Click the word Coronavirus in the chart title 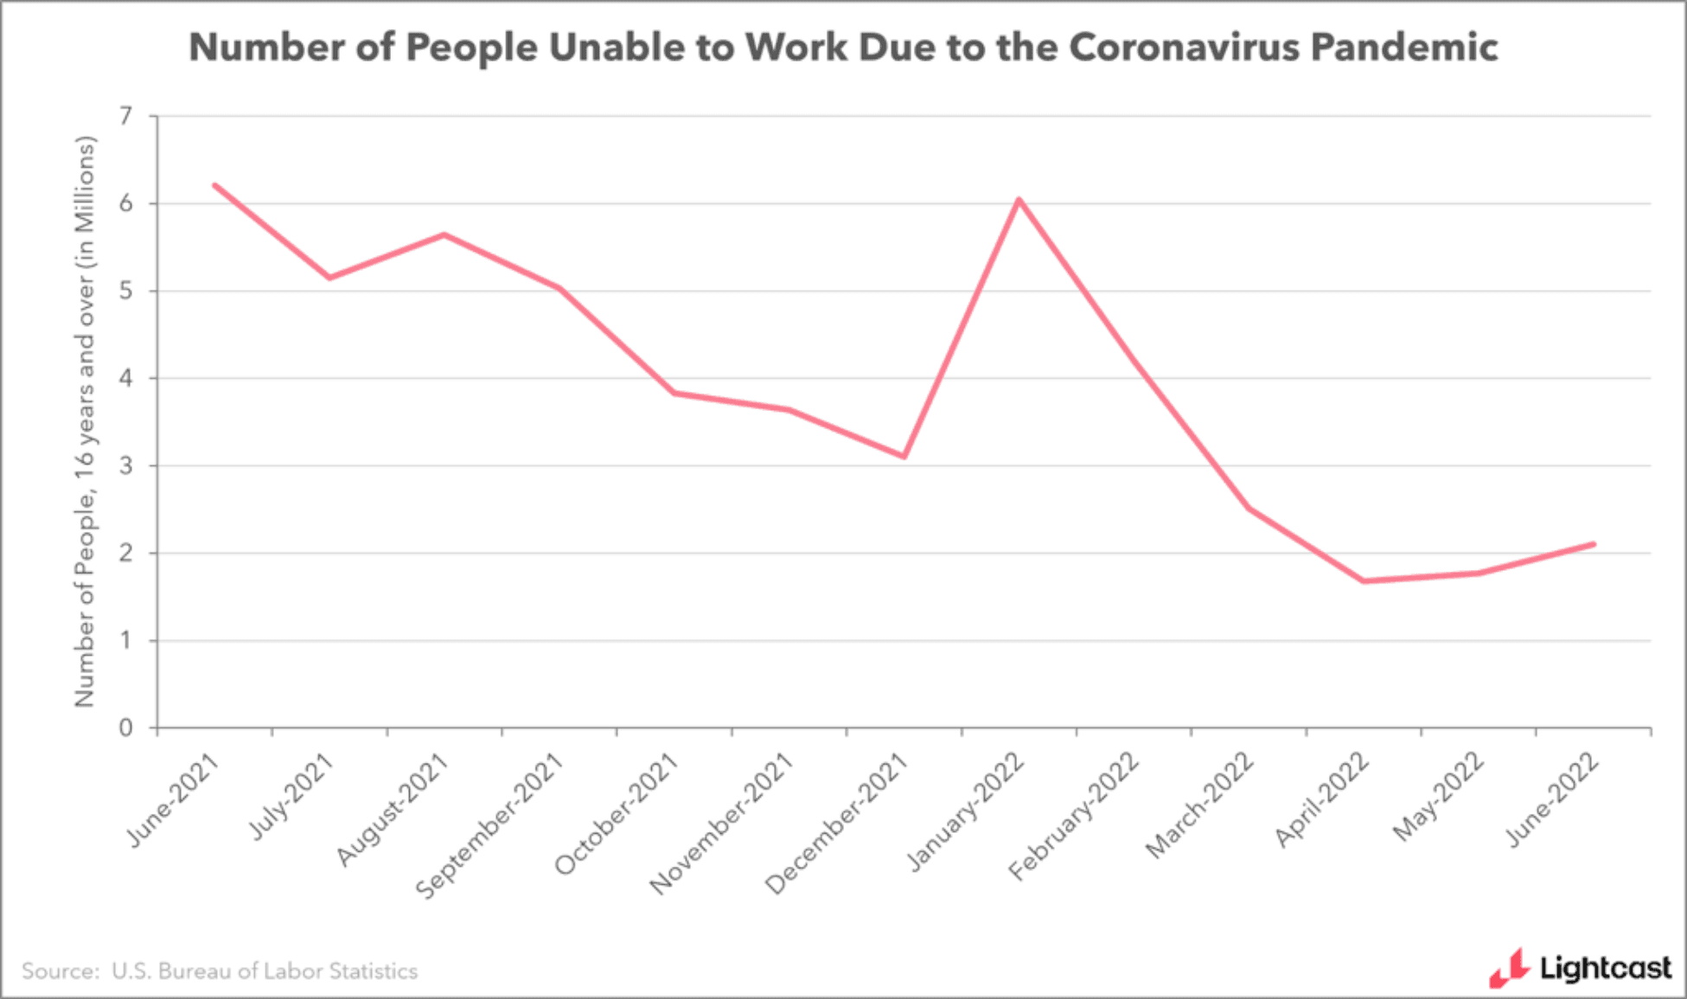click(1183, 47)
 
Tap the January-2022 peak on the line click(1019, 200)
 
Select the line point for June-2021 click(214, 185)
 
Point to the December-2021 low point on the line click(904, 456)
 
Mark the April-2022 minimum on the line click(1364, 580)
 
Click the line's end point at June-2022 click(1593, 544)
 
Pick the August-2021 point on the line click(444, 234)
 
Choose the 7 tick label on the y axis click(126, 116)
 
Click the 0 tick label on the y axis click(126, 728)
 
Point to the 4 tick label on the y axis click(126, 378)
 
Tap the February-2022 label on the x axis click(1074, 816)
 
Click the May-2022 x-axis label click(1439, 797)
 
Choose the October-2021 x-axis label click(617, 814)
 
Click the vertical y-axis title click(85, 421)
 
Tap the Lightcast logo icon click(1508, 968)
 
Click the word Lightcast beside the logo click(1605, 968)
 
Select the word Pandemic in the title click(1404, 47)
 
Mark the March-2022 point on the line click(1249, 508)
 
